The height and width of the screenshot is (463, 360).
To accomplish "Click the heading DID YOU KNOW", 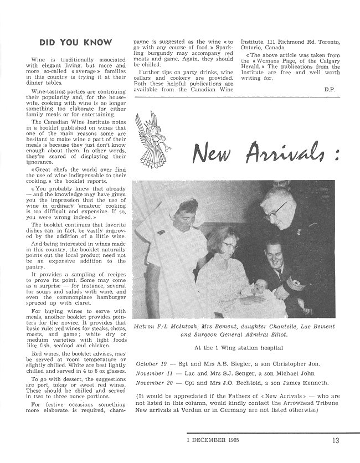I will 76,42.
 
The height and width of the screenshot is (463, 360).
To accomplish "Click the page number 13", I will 337,441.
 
